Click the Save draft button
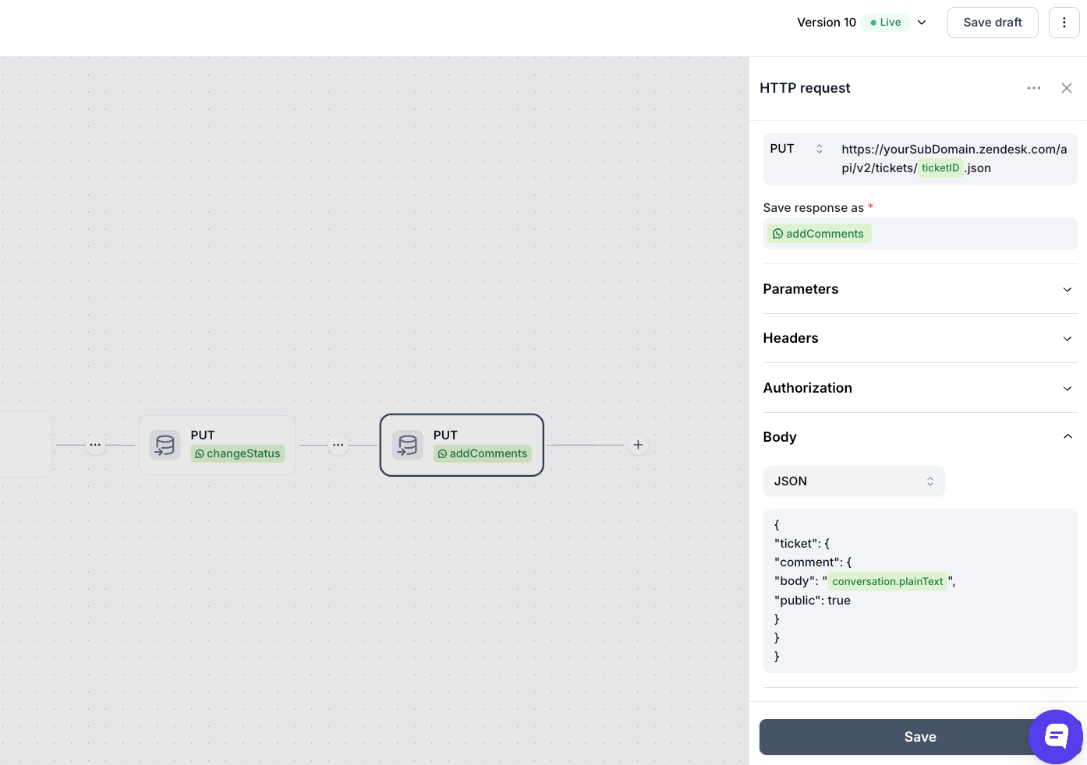point(993,23)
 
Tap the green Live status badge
point(885,23)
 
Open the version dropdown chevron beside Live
point(922,23)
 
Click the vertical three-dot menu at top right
point(1064,23)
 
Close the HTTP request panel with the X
point(1066,88)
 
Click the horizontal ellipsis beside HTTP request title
point(1034,88)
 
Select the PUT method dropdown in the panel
point(796,149)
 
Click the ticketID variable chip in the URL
point(940,167)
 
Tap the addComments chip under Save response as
point(818,234)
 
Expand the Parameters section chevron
point(1067,290)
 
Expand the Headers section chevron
point(1067,338)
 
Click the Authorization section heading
point(808,388)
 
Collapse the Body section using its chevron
point(1067,436)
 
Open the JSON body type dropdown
point(854,481)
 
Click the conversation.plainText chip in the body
point(887,581)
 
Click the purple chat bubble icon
point(1056,736)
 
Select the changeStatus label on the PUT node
point(237,453)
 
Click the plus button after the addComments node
point(638,445)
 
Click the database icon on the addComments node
point(407,445)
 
